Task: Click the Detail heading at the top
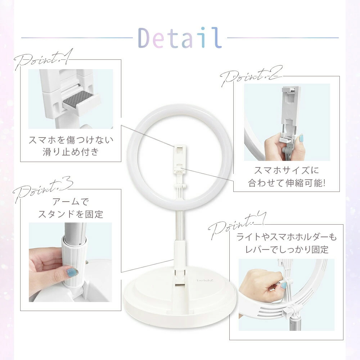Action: pos(180,38)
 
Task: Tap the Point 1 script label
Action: pos(44,59)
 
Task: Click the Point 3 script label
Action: pos(43,189)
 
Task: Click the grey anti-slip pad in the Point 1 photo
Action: pos(78,99)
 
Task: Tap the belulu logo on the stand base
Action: pos(202,280)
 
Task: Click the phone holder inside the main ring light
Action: pos(179,158)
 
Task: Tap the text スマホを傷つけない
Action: pos(71,140)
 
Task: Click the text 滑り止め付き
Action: pos(71,152)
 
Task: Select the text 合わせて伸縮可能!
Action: pos(287,183)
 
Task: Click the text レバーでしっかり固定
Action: pos(287,249)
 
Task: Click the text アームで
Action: pos(71,202)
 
